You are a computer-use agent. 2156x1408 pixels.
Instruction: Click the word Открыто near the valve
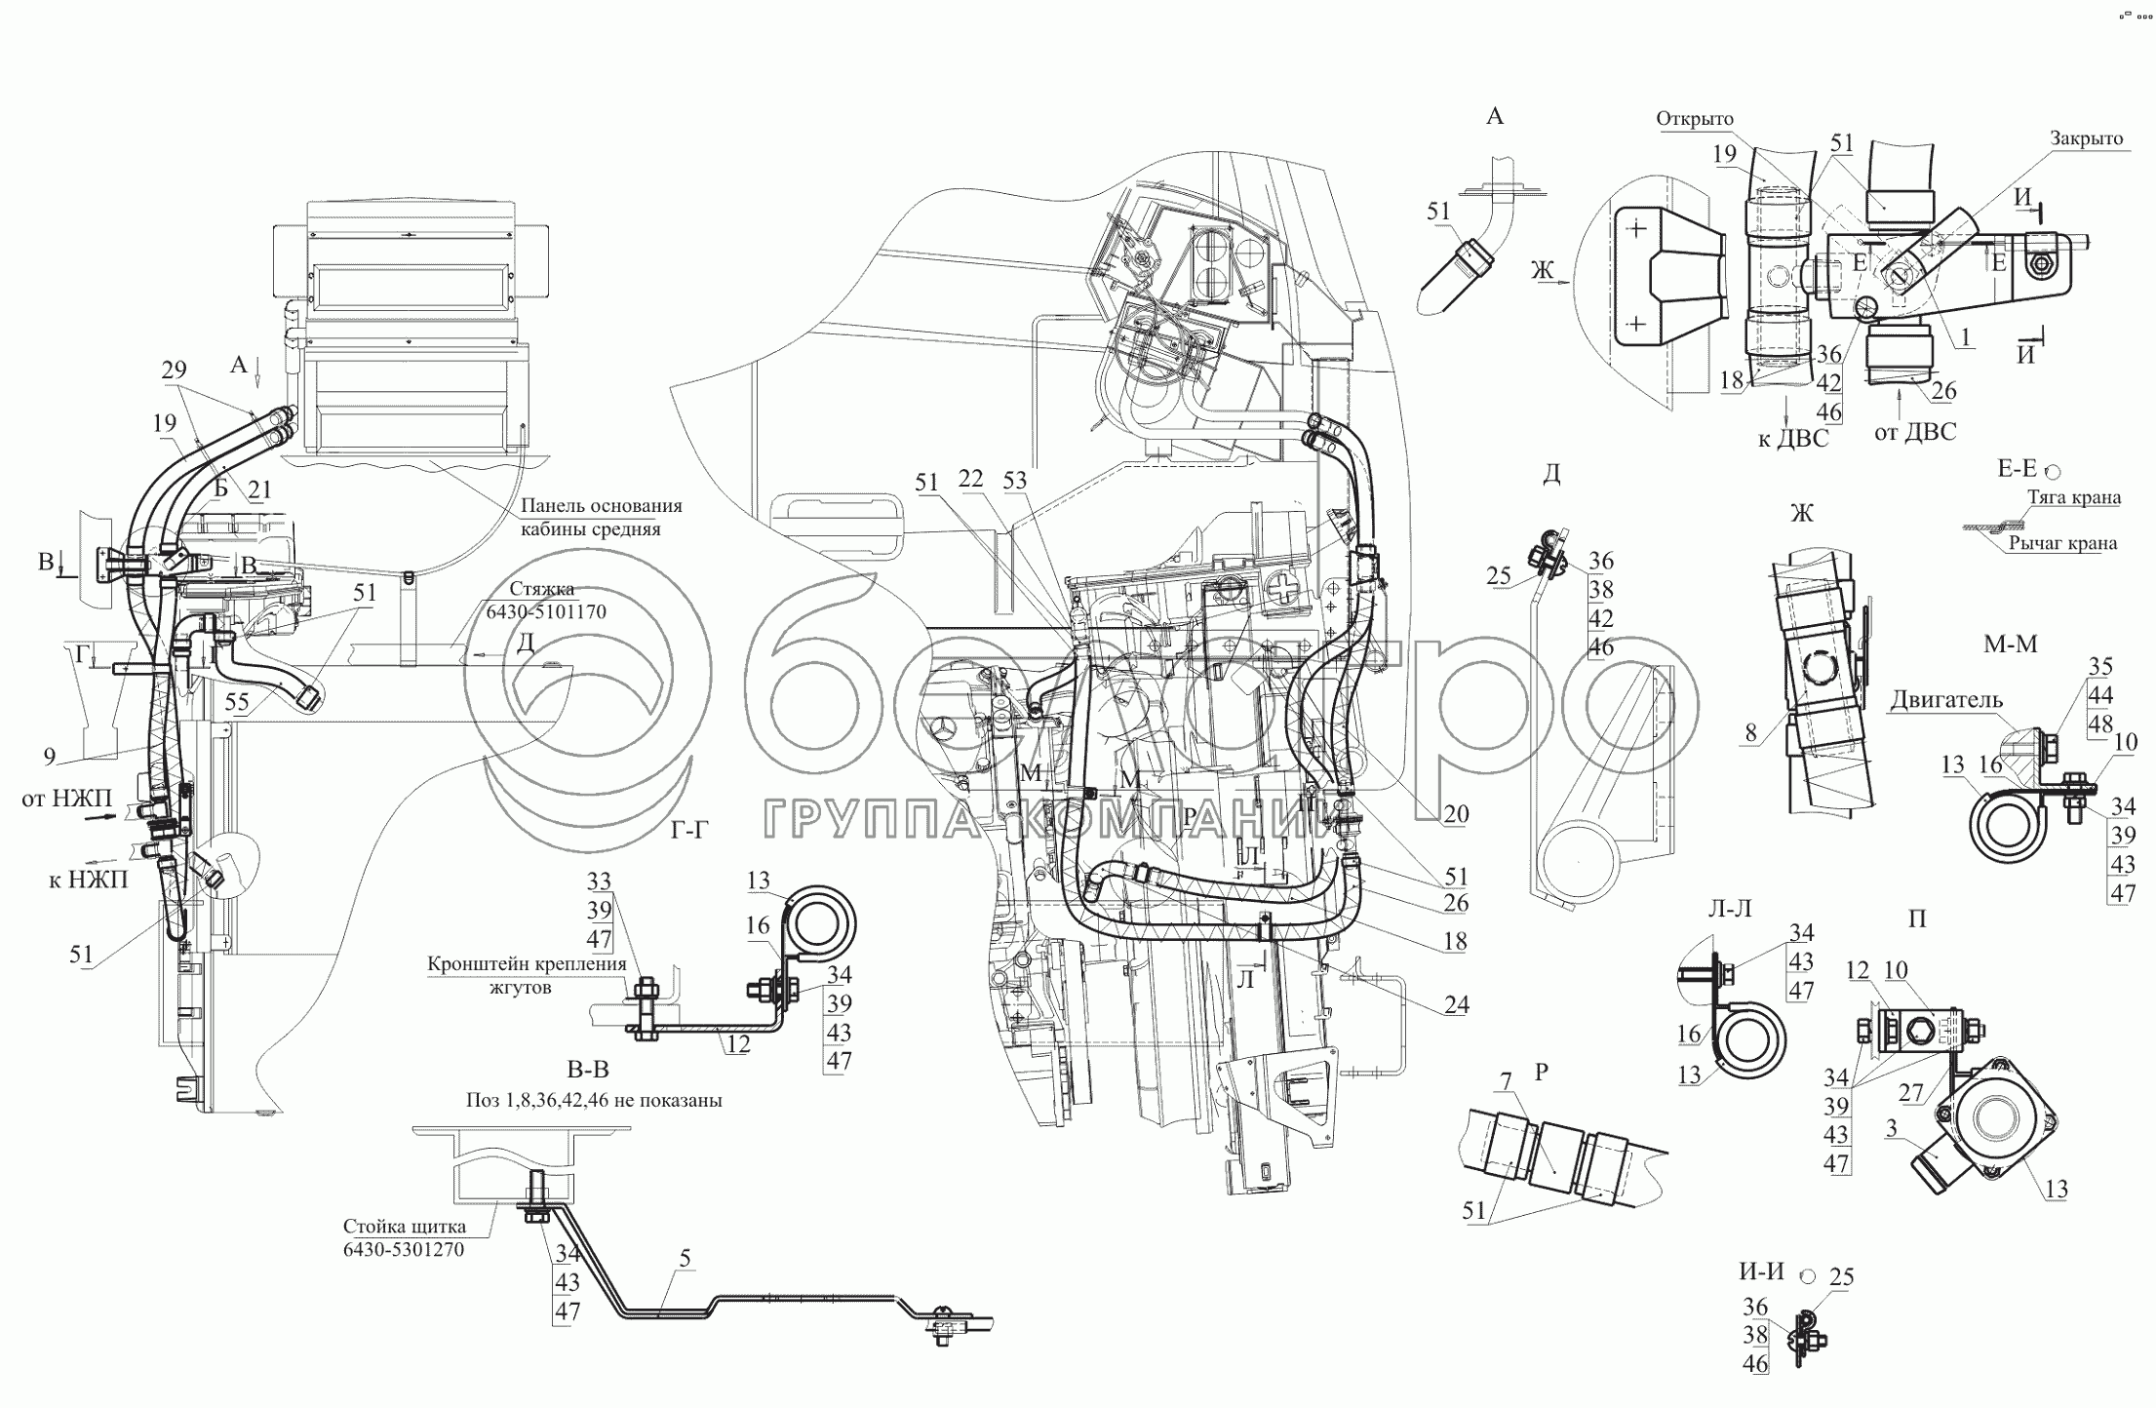pos(1694,119)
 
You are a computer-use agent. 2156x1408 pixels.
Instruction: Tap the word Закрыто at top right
pos(2086,138)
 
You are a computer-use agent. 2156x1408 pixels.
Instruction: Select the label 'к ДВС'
pos(1792,439)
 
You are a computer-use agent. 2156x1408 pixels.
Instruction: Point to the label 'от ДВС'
pos(1915,431)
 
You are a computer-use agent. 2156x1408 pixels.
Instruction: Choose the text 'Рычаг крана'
pos(2062,543)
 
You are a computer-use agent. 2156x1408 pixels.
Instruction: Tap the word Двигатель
pos(1946,700)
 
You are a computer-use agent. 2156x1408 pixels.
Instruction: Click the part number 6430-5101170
pos(547,612)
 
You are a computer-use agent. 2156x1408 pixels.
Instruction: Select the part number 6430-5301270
pos(403,1249)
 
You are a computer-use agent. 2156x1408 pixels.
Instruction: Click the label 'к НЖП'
pos(88,879)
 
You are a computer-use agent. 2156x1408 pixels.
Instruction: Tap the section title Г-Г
pos(689,830)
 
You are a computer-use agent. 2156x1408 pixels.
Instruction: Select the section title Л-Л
pos(1729,908)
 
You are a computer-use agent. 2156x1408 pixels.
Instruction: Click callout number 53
pos(1015,481)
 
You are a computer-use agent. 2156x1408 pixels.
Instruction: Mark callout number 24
pos(1456,1004)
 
